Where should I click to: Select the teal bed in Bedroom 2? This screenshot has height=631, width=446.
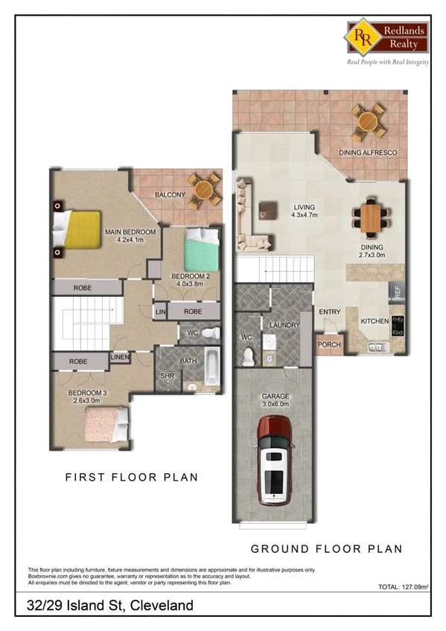click(202, 252)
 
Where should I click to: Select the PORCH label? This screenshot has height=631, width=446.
click(328, 345)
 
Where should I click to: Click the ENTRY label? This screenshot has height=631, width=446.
click(329, 312)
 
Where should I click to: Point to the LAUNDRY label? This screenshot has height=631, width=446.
click(285, 325)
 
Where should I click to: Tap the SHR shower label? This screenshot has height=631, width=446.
click(167, 376)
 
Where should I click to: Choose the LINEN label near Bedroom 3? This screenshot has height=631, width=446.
click(120, 358)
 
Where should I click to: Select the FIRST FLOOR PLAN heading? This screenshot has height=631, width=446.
click(132, 477)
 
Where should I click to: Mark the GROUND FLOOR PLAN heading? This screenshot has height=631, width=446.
click(326, 548)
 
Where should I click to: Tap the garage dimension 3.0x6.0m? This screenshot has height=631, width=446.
click(275, 406)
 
